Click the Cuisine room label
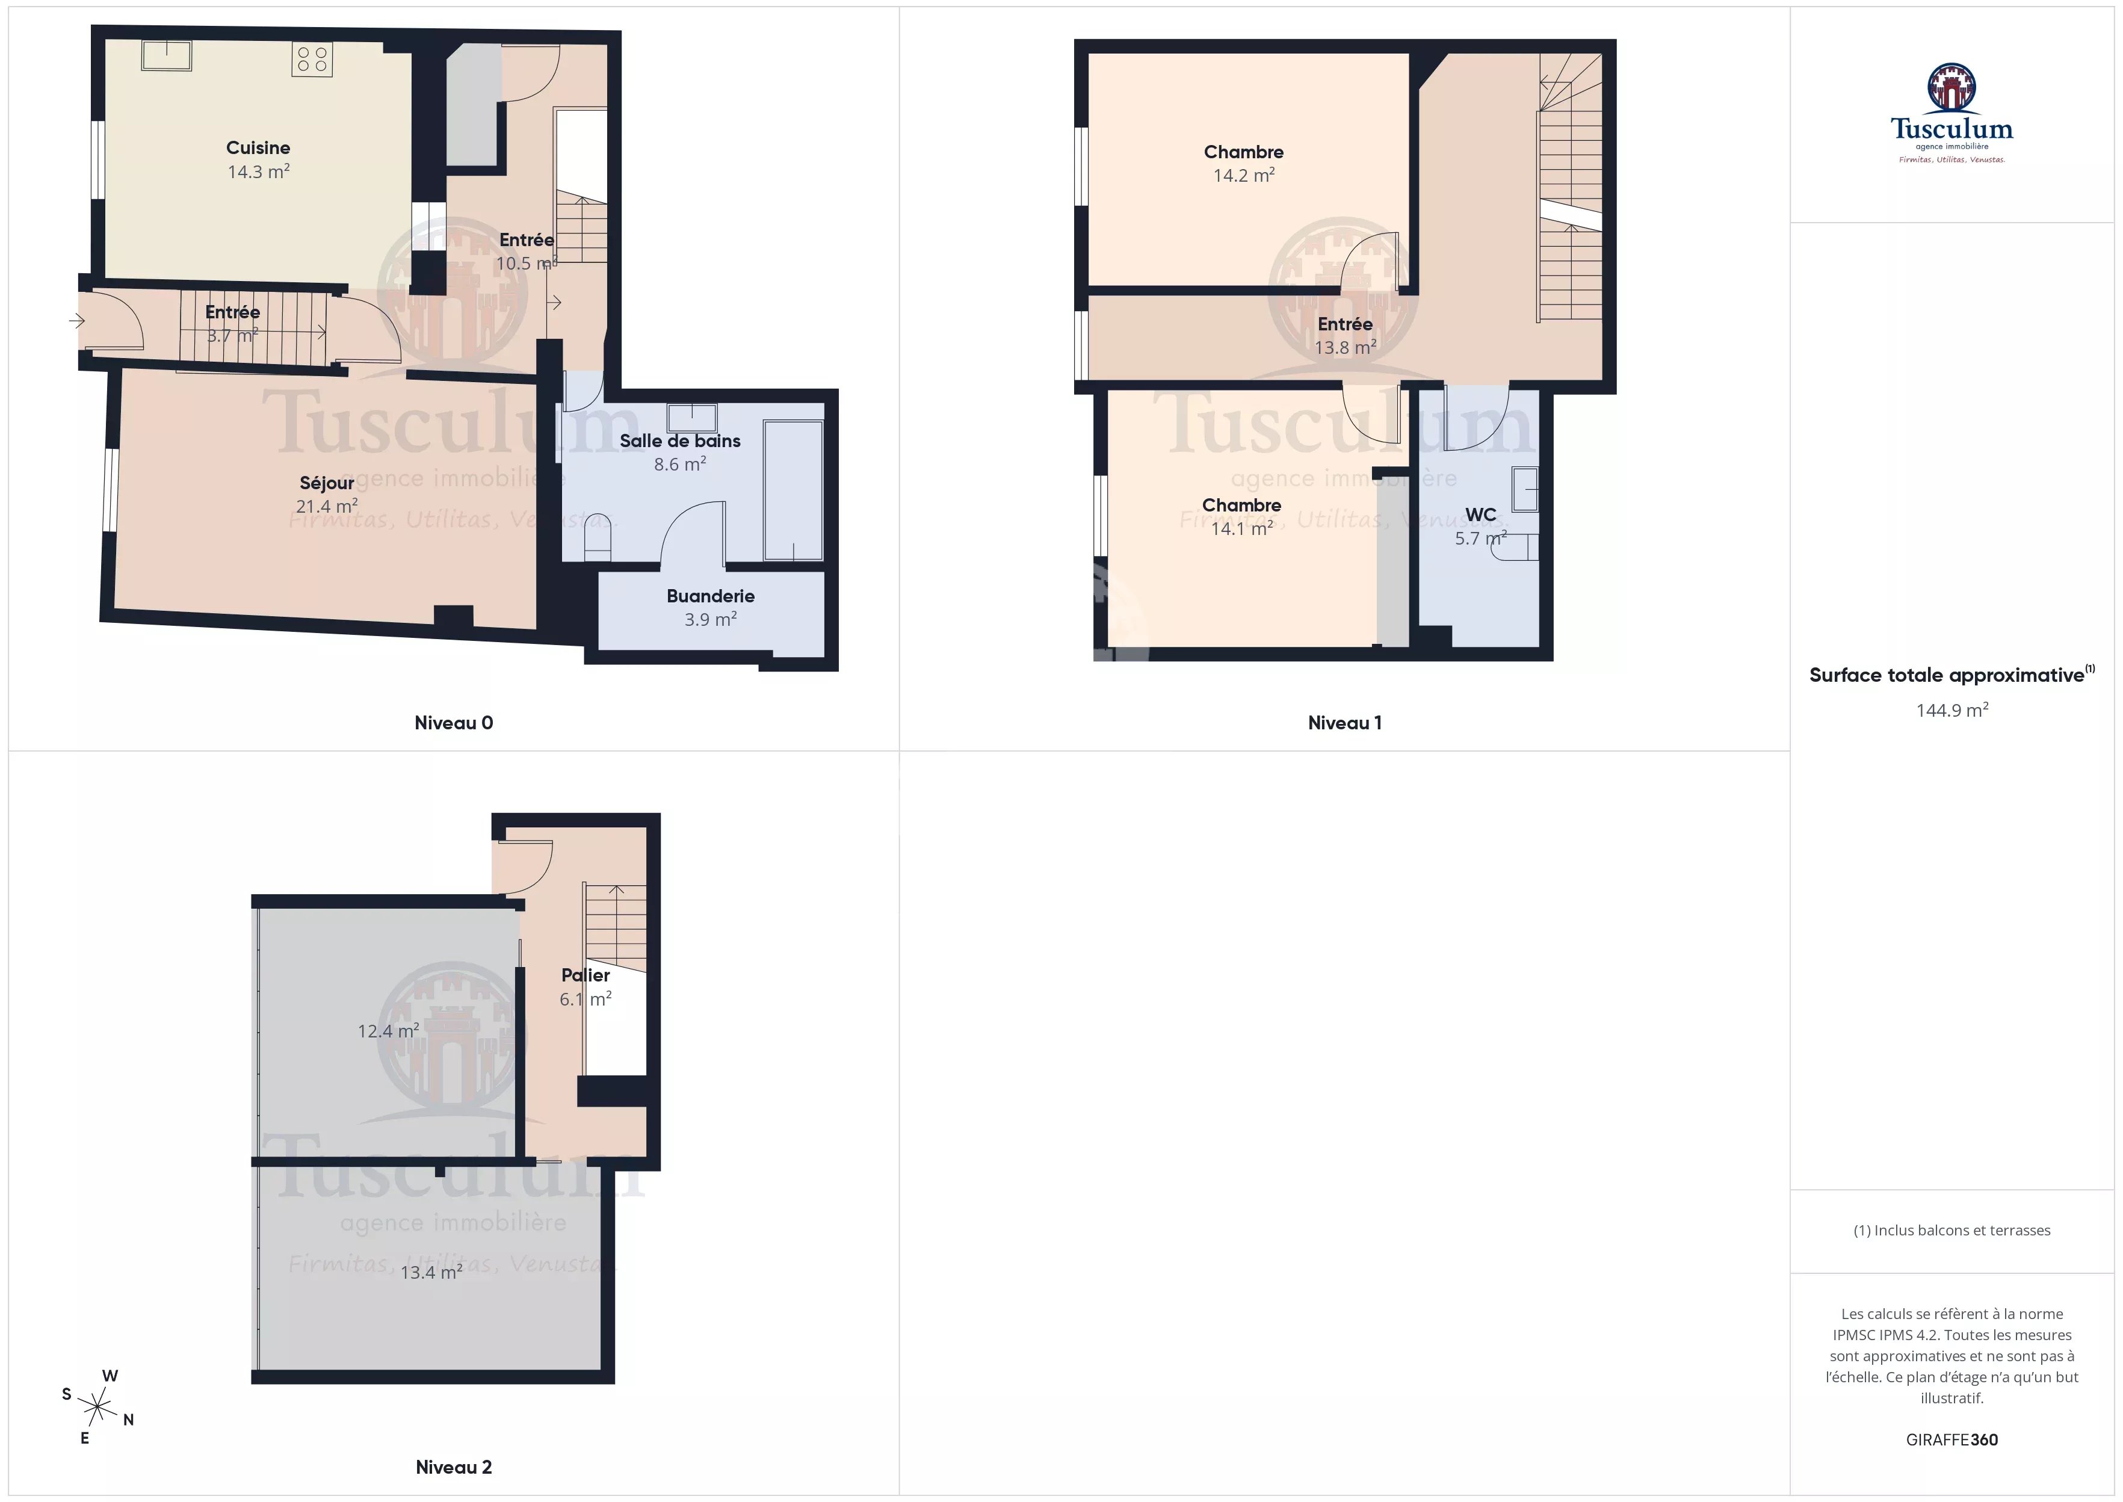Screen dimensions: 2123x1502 coord(258,148)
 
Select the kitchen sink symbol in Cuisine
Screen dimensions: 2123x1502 coord(167,55)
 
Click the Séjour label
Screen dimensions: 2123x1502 coord(326,483)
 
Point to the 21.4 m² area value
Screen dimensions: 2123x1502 coord(326,506)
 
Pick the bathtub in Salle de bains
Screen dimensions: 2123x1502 coord(793,490)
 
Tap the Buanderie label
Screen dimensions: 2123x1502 coord(710,596)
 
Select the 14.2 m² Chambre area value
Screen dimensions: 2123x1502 coord(1244,175)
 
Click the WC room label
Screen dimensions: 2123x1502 coord(1480,515)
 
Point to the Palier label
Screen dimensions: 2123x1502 coord(586,975)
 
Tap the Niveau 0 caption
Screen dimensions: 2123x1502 coord(453,723)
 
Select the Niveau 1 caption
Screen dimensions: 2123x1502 coord(1344,723)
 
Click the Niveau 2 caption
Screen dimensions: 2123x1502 coord(453,1467)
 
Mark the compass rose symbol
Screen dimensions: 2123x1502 coord(97,1407)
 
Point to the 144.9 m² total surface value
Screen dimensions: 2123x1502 coord(1952,710)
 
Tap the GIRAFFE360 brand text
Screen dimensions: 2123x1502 coord(1952,1440)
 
